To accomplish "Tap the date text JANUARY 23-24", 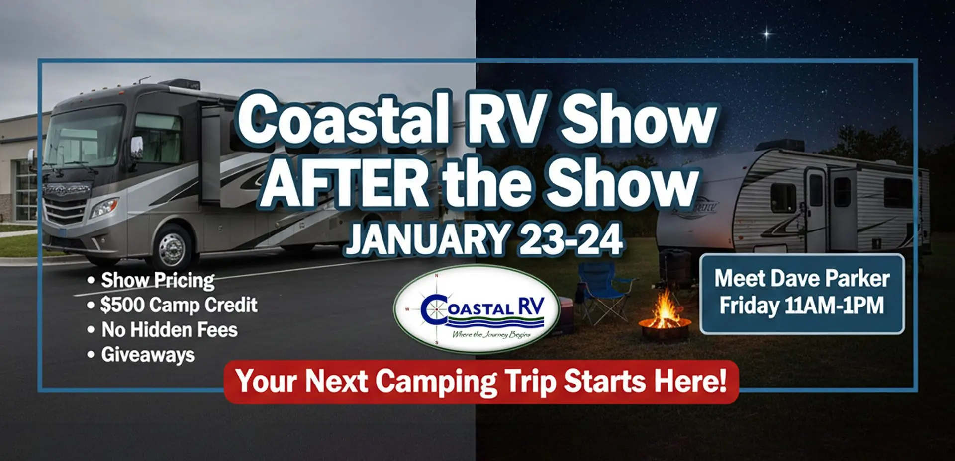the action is tap(484, 239).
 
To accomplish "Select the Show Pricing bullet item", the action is tap(152, 280).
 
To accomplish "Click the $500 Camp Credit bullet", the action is tap(172, 305).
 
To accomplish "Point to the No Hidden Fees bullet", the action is tap(162, 330).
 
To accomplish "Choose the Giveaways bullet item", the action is tap(141, 355).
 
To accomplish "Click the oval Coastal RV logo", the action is tap(477, 308).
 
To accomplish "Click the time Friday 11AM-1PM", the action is tap(802, 306).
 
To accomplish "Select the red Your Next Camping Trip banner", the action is tap(481, 382).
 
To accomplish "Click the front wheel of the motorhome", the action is tap(172, 247).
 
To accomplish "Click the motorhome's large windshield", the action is tap(85, 135).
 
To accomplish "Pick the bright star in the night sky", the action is tap(767, 34).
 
